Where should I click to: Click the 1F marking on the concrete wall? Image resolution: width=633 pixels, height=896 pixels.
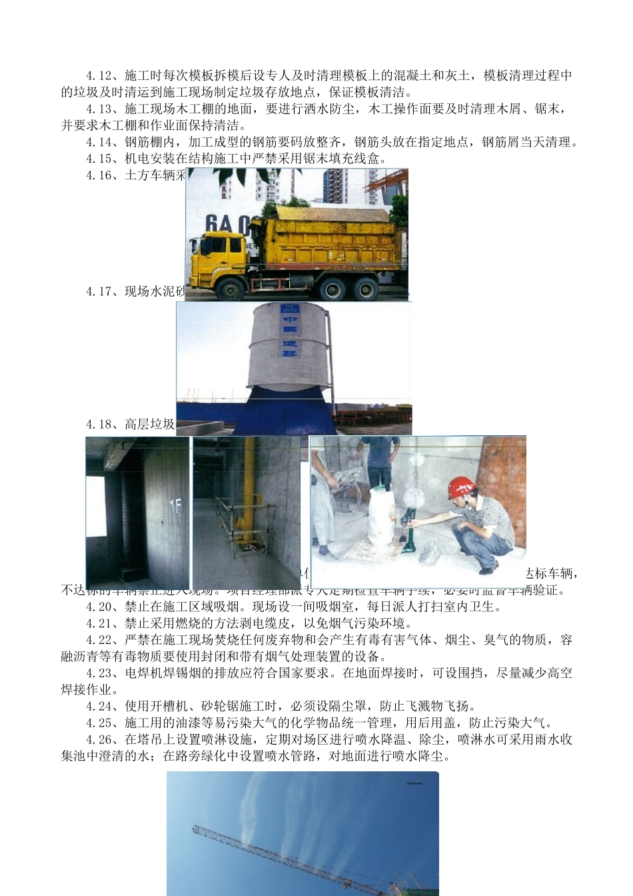point(175,507)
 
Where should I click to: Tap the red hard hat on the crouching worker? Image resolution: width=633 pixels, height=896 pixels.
point(460,487)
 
